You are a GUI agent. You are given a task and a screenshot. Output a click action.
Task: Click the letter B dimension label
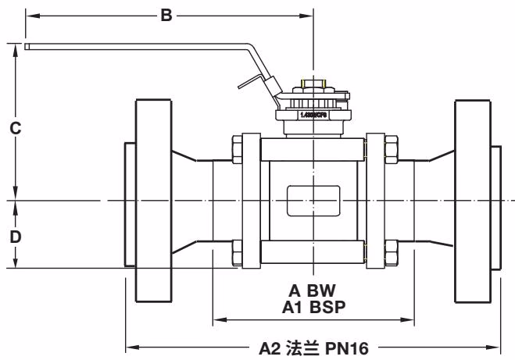pos(166,15)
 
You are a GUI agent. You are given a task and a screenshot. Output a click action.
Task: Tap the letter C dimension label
pos(15,129)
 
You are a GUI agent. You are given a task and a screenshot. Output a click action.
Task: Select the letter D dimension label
pos(15,236)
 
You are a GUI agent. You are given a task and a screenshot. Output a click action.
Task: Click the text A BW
pos(313,291)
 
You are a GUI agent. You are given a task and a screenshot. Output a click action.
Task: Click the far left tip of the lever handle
pos(28,47)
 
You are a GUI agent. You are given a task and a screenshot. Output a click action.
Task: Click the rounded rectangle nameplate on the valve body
pos(313,201)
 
